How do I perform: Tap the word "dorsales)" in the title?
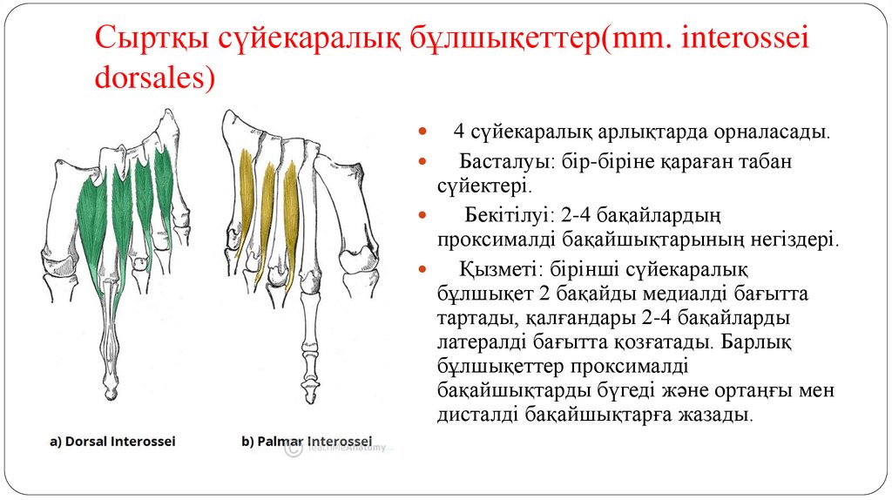click(x=153, y=77)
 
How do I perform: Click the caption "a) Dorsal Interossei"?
click(x=112, y=442)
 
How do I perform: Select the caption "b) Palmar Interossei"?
click(x=306, y=442)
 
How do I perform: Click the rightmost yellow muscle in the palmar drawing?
click(x=291, y=209)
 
